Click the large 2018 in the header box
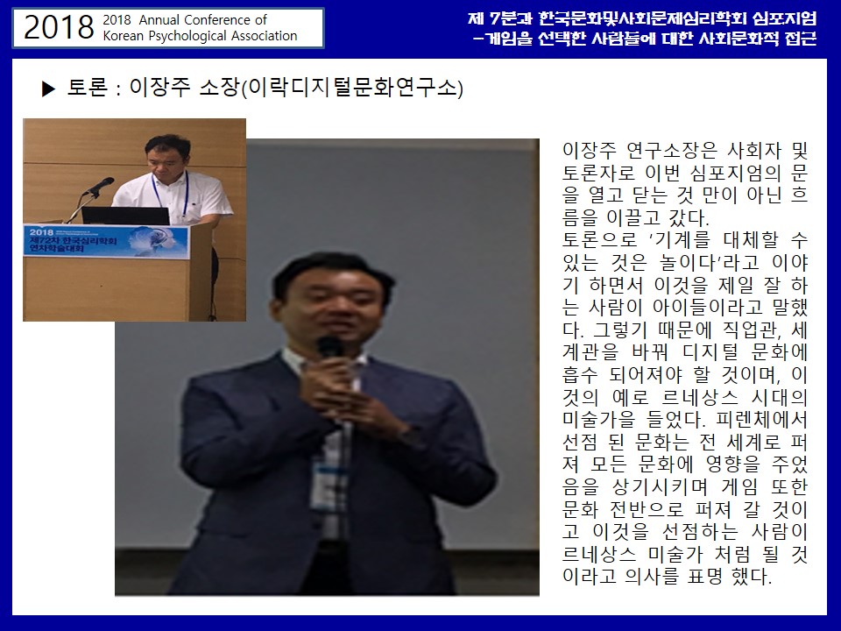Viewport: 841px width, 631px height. (59, 27)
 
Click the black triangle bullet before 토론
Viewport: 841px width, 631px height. (48, 89)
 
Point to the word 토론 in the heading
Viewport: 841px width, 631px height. (88, 88)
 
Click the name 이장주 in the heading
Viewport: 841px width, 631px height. (159, 88)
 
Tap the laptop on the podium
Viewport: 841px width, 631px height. (125, 216)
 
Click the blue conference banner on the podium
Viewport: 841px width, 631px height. (106, 241)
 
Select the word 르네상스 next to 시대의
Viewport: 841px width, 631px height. (699, 398)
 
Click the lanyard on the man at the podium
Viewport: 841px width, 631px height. (171, 195)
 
